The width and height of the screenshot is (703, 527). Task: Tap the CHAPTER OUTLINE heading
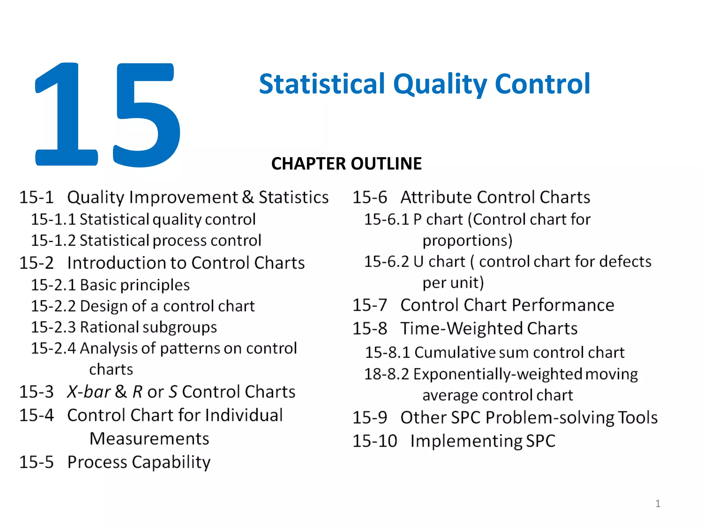tap(346, 164)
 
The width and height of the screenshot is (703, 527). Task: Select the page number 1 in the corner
tap(658, 503)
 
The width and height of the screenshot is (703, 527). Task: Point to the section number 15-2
tap(36, 263)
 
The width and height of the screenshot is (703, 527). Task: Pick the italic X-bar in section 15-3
tap(89, 392)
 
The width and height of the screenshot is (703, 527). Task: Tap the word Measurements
tap(149, 439)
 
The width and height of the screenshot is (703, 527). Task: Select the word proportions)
tap(467, 241)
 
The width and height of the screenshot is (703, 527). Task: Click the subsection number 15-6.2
tap(387, 262)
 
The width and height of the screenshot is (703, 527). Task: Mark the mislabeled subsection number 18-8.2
tap(387, 374)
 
